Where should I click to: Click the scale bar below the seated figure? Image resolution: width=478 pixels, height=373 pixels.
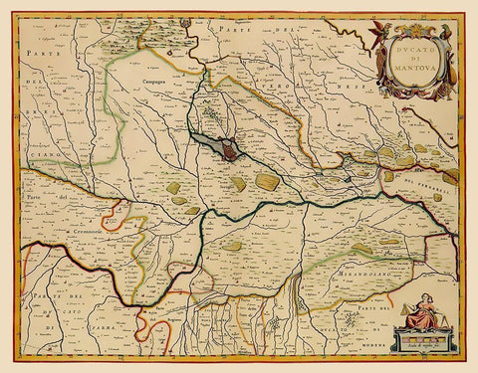(412, 343)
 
